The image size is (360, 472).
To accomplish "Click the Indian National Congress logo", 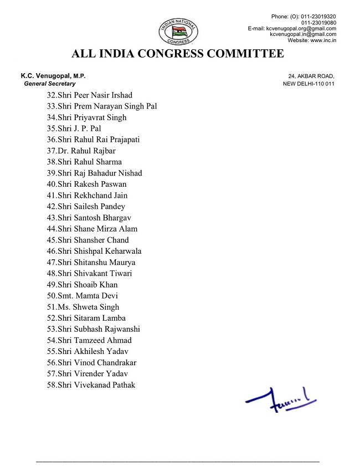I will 178,30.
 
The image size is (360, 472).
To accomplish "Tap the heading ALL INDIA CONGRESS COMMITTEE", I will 178,54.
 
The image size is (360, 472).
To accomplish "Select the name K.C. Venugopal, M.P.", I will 53,76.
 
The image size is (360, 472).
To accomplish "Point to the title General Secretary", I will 50,84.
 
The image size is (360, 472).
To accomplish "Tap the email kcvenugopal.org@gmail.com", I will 301,28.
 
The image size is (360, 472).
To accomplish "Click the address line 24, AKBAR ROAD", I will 311,76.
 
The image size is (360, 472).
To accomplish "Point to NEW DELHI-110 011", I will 308,84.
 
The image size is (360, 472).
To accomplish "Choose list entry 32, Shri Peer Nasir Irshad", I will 90,95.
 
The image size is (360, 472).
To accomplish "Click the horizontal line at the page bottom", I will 178,461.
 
